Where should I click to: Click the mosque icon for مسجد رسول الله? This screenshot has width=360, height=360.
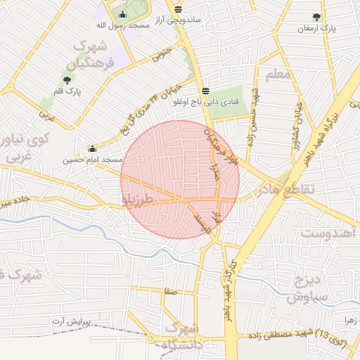click(x=123, y=15)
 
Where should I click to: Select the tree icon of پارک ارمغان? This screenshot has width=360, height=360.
click(x=316, y=18)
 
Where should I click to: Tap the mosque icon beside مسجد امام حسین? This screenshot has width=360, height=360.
click(x=93, y=148)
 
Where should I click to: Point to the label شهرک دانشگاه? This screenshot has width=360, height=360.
click(x=182, y=337)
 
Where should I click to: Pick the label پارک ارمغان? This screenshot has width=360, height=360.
click(x=317, y=29)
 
